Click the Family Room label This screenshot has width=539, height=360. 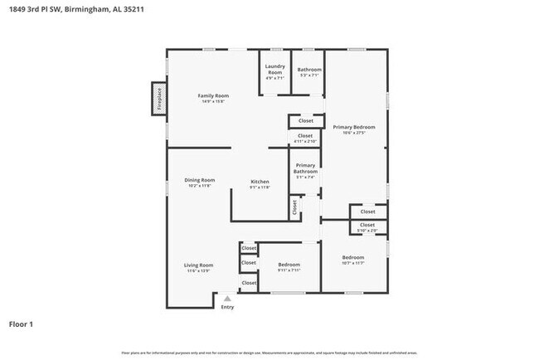(x=213, y=96)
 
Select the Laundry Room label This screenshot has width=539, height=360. (x=275, y=69)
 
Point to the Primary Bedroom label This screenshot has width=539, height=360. (x=354, y=127)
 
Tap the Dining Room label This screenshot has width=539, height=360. (x=200, y=180)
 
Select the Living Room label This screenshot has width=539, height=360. (x=199, y=265)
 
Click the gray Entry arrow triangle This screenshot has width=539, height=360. (x=227, y=299)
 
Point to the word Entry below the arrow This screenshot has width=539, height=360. (x=227, y=308)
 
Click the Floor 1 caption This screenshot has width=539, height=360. (x=21, y=324)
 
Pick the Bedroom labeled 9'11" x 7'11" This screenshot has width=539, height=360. (x=289, y=265)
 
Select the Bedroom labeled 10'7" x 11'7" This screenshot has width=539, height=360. (x=353, y=258)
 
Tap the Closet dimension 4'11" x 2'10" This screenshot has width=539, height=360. (x=305, y=141)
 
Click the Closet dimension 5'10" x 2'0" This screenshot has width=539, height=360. (x=367, y=230)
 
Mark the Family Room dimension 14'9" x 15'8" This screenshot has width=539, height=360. (x=213, y=102)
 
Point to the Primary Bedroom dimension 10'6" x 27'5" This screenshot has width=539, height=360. (x=354, y=133)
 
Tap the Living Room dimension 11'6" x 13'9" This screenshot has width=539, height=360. (x=199, y=270)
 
